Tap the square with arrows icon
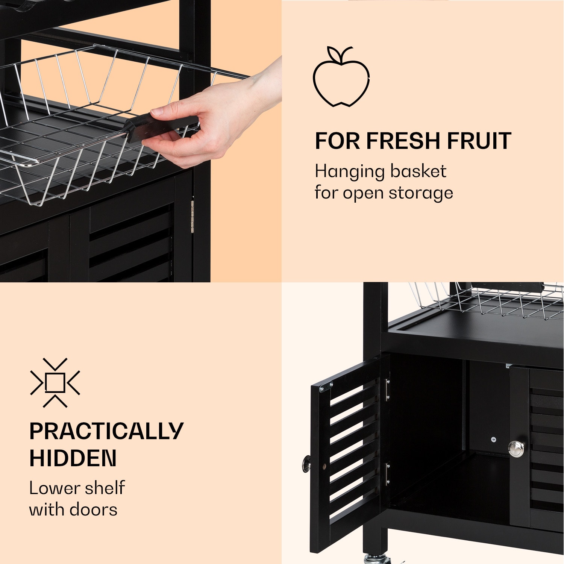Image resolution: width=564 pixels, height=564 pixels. (55, 383)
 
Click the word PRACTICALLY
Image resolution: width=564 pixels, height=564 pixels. (106, 431)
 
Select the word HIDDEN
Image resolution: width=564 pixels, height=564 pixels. (73, 458)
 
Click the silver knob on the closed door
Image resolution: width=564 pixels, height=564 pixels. (516, 449)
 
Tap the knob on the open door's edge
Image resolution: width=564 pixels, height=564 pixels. (307, 464)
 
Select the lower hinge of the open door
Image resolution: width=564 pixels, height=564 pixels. (387, 475)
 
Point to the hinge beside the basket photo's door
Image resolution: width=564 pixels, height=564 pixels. (192, 216)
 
